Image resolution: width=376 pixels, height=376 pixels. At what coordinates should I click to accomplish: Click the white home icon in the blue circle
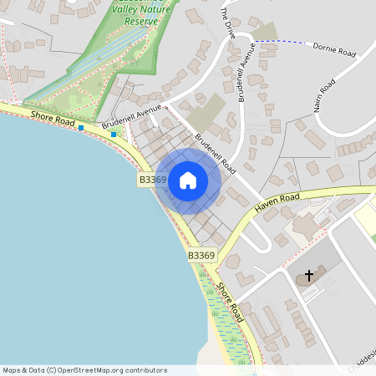tap(188, 180)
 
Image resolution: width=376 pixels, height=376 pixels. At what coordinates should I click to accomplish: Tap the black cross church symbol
tap(309, 275)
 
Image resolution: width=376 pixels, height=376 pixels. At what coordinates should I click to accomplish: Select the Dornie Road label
tap(334, 52)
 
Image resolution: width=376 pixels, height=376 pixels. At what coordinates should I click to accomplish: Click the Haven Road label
tap(277, 199)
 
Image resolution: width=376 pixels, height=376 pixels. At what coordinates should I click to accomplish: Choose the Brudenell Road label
tap(213, 150)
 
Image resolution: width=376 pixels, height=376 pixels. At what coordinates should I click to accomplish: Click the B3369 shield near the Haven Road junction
tap(201, 255)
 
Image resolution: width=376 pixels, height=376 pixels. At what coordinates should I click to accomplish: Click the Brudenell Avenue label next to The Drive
tap(248, 72)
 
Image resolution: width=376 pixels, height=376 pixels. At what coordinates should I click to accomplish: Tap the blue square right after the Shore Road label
tap(81, 128)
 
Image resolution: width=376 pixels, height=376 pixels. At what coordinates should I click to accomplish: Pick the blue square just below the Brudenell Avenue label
tap(114, 134)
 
